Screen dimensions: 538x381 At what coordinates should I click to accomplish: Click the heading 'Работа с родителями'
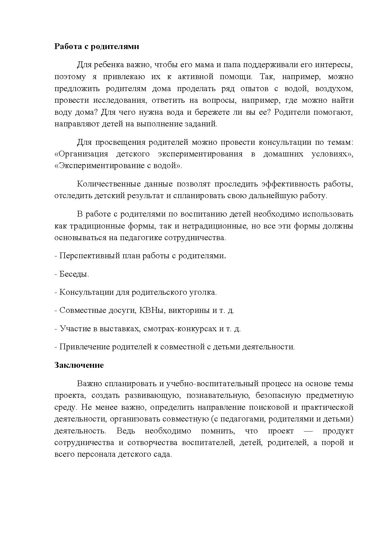(96, 47)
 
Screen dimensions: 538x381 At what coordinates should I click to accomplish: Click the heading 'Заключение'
(79, 365)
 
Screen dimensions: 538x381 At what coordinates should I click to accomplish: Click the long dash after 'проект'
(308, 431)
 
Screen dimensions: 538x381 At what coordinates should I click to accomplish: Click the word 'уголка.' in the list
(204, 292)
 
